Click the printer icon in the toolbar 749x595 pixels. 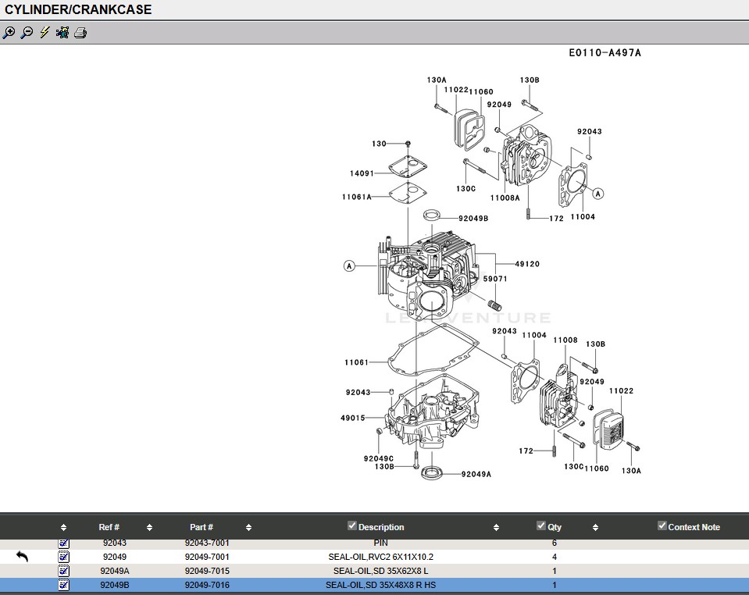point(80,33)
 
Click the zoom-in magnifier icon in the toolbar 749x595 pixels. point(9,33)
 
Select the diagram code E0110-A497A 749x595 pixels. point(605,53)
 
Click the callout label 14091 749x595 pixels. point(362,173)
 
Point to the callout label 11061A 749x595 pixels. point(356,198)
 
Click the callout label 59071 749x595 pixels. point(495,279)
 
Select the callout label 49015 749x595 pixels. point(352,419)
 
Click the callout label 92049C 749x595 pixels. point(379,458)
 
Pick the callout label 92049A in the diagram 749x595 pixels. point(476,474)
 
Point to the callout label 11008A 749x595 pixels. point(505,198)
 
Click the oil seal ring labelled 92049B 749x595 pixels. point(433,215)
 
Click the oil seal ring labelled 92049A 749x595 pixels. point(431,472)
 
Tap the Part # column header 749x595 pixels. point(201,527)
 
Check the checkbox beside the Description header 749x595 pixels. point(352,526)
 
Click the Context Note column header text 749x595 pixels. point(694,527)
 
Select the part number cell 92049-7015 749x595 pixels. point(207,571)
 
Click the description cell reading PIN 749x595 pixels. point(380,543)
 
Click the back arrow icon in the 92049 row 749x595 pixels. point(22,557)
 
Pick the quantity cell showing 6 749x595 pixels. point(555,543)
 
